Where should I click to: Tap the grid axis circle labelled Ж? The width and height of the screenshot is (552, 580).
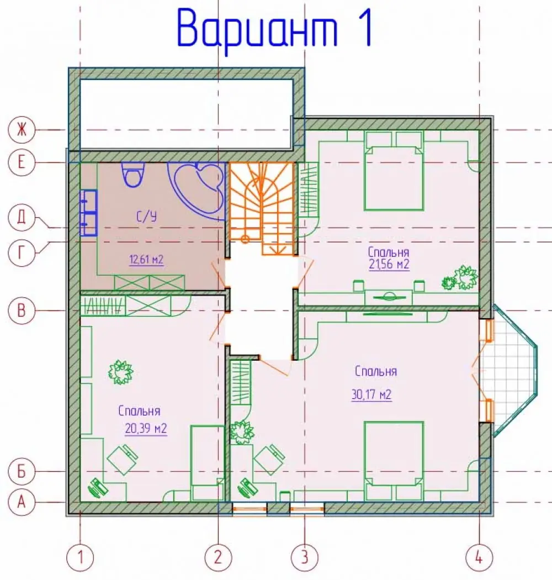coord(22,130)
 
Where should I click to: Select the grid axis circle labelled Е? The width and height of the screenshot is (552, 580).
coord(22,162)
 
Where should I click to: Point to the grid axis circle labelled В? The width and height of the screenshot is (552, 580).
coord(22,310)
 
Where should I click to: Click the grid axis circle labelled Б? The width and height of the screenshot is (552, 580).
coord(22,471)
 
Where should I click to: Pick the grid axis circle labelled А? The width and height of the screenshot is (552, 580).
coord(22,502)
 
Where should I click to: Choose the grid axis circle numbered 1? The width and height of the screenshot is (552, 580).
coord(80,557)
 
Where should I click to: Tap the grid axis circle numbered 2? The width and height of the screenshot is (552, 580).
coord(219,557)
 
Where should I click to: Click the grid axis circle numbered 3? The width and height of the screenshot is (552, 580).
coord(305,557)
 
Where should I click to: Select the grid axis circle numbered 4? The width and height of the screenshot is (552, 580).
coord(479,557)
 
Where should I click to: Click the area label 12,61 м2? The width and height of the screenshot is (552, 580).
coord(146,260)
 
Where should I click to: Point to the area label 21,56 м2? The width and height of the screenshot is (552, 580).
coord(389,265)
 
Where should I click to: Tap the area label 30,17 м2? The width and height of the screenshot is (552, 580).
coord(371,395)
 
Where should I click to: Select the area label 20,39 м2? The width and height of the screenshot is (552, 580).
coord(146,429)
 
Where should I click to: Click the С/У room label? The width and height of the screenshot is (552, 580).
coord(147,217)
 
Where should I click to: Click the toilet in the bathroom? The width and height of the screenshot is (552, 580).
coord(132,174)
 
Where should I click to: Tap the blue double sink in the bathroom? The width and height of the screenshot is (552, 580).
coord(89,213)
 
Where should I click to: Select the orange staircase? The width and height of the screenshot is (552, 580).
coord(262,209)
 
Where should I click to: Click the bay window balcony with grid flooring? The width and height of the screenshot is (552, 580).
coord(509,370)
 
